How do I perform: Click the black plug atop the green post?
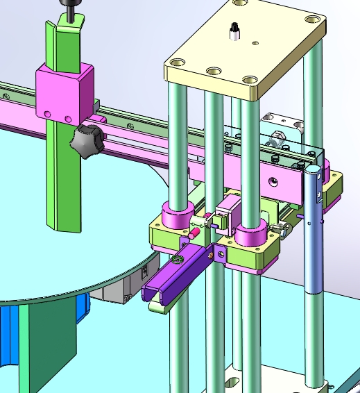(69, 10)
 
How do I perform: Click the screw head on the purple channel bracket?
(178, 260)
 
